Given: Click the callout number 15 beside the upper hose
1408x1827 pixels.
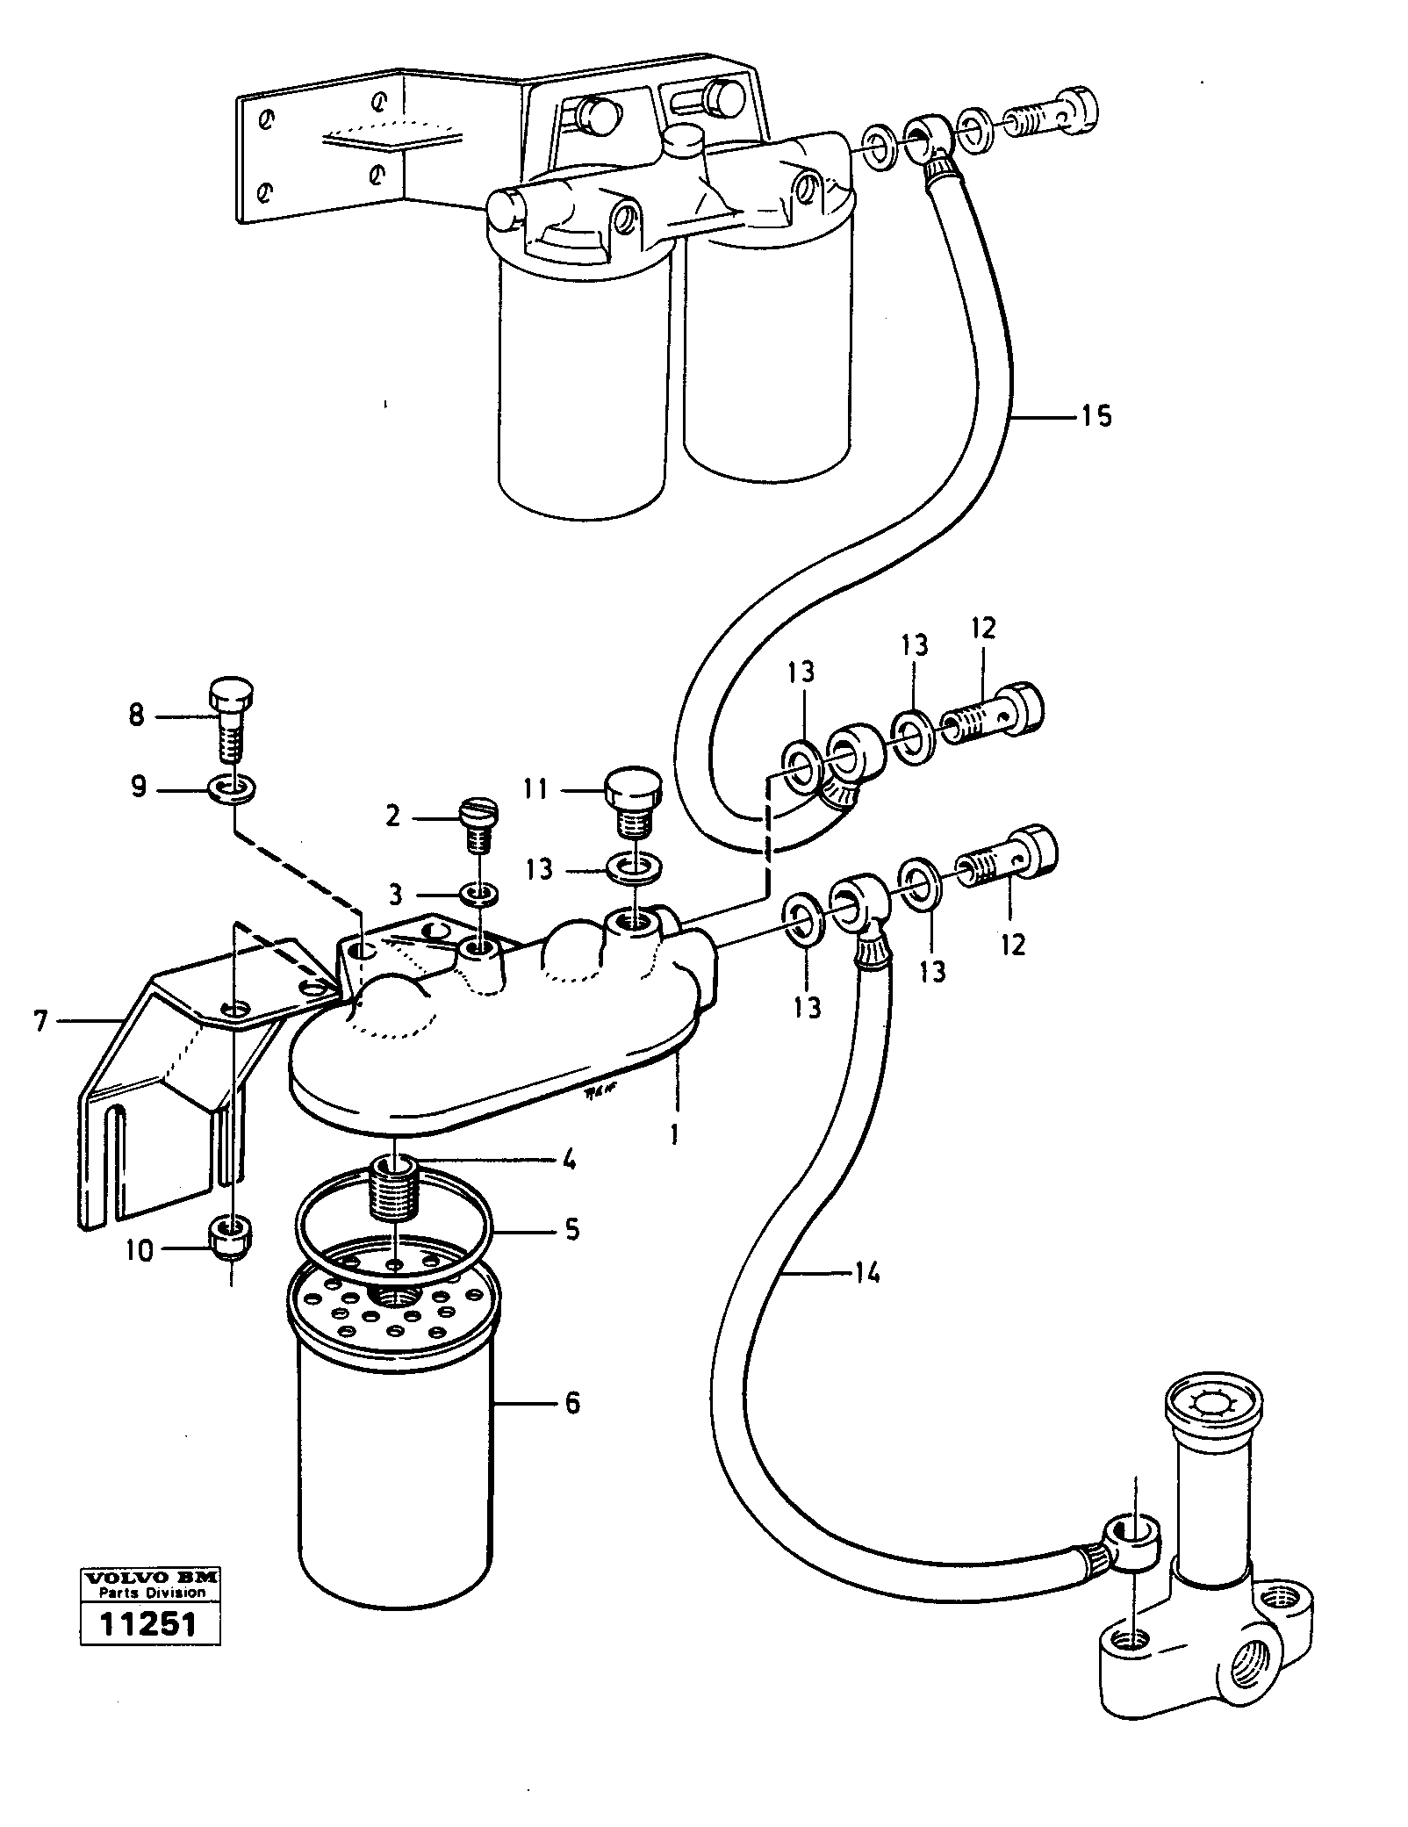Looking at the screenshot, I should tap(1096, 415).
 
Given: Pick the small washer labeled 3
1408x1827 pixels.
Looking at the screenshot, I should tap(480, 894).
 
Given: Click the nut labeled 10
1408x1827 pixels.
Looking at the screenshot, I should tap(231, 1238).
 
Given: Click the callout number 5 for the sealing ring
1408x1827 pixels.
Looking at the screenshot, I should tap(571, 1228).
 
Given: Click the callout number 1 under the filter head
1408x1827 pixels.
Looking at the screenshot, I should tap(674, 1135).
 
